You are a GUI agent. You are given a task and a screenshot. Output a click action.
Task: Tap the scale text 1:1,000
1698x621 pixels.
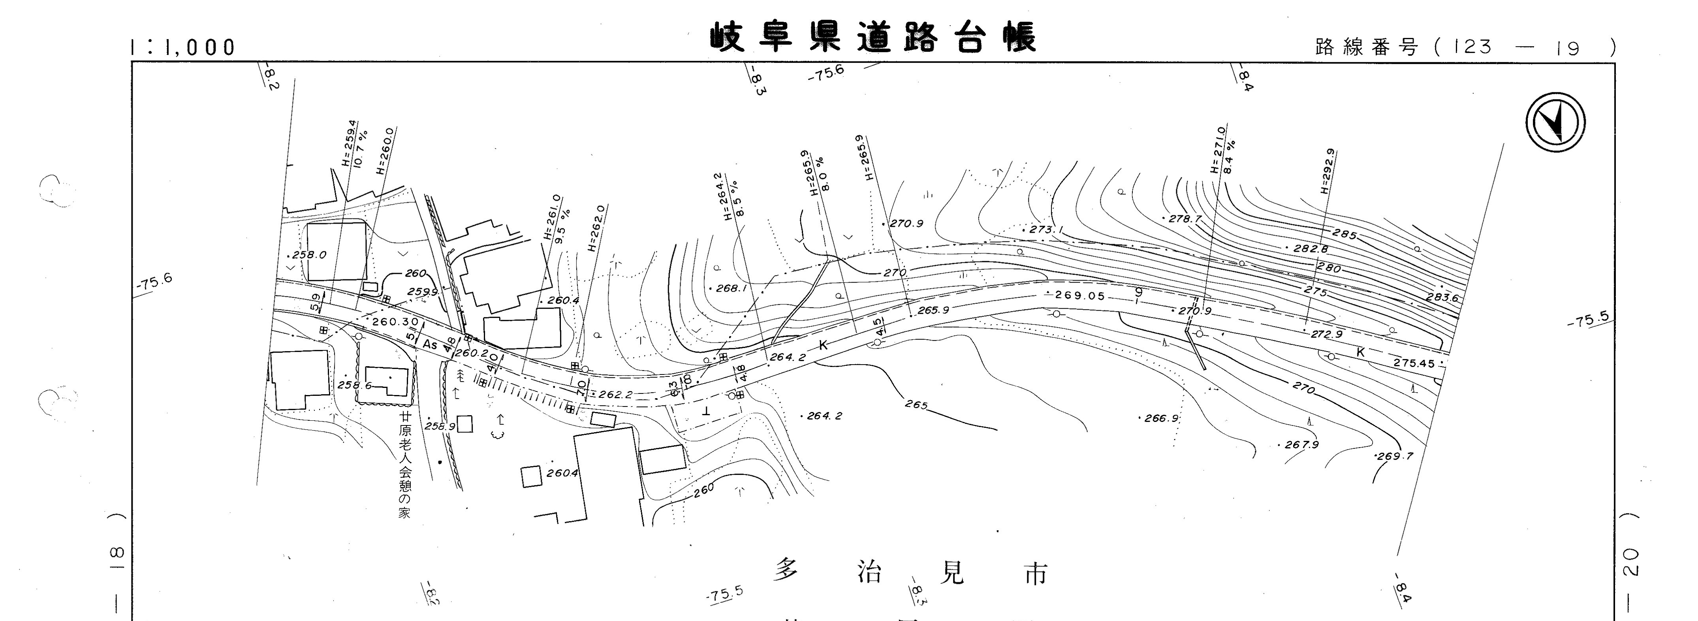pos(182,47)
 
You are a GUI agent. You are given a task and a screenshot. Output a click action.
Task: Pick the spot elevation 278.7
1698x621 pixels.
pos(1185,218)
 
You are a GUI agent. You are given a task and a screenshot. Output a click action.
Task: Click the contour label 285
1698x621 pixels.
pos(1344,234)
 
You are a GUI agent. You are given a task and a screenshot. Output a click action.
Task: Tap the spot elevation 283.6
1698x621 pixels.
pos(1442,298)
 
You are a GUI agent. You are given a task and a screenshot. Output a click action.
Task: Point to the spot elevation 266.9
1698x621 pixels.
pos(1161,418)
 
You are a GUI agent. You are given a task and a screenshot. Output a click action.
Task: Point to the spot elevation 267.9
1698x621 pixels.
pos(1301,445)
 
